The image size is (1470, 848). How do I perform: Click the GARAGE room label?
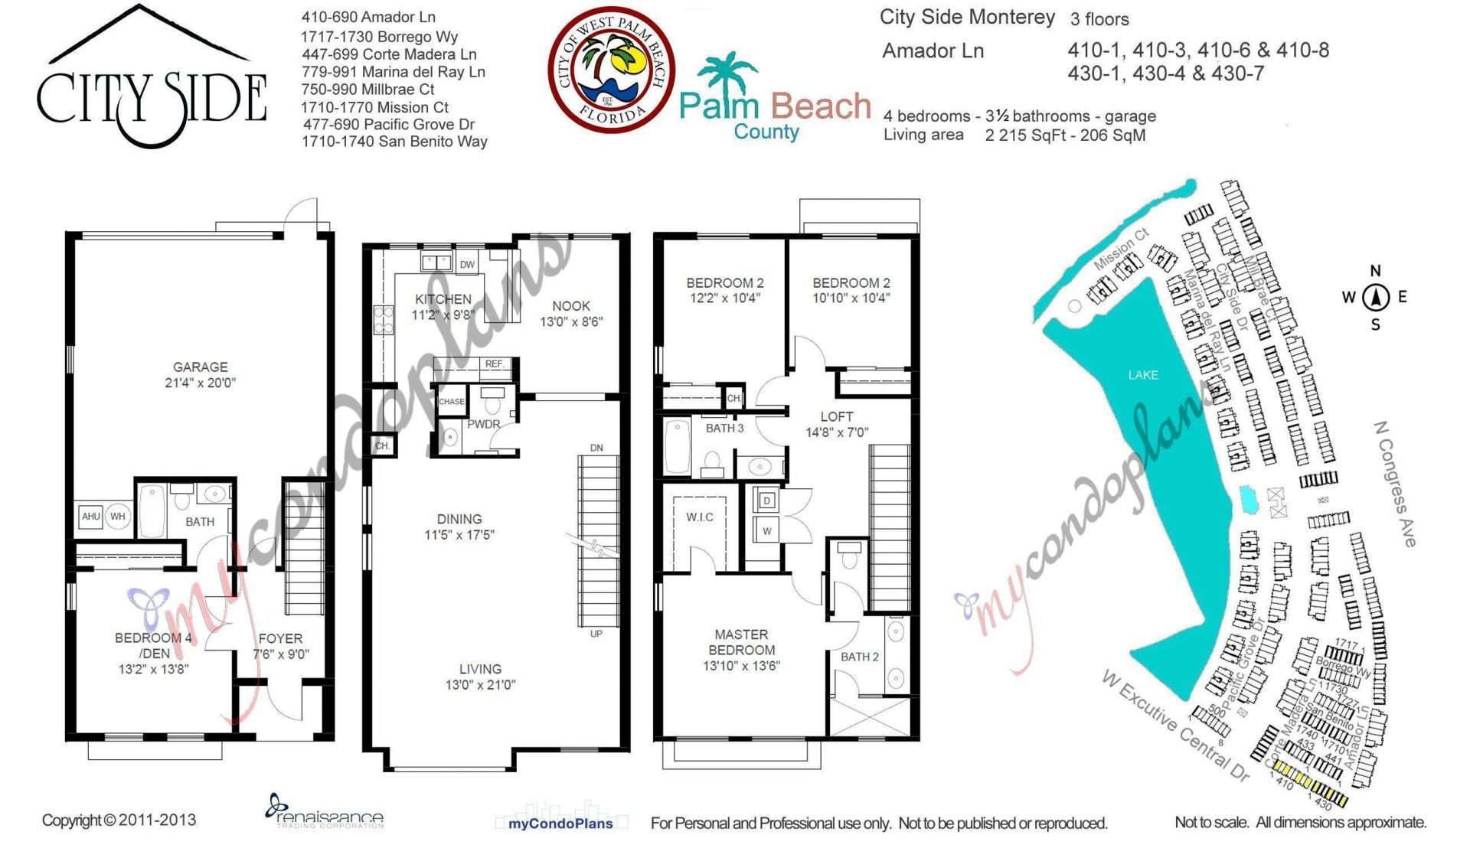click(x=200, y=367)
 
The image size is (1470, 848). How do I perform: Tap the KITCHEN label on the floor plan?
click(x=443, y=299)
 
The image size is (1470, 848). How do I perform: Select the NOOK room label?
click(x=571, y=306)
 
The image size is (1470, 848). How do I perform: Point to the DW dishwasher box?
click(x=467, y=264)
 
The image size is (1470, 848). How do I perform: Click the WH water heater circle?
click(x=117, y=517)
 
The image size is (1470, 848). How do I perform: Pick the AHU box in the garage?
click(x=91, y=517)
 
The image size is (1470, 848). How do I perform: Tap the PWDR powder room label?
click(x=483, y=424)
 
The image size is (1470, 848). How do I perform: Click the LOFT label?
click(x=836, y=417)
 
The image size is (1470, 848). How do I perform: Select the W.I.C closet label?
click(x=699, y=517)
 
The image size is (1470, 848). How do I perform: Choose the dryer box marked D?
click(x=766, y=501)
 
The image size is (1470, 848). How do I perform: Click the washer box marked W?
click(x=766, y=530)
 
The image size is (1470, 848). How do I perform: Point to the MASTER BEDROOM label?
click(x=740, y=642)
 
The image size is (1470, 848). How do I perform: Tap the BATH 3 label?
click(x=724, y=429)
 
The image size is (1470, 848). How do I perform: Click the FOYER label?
click(x=280, y=638)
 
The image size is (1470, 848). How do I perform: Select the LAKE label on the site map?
click(x=1142, y=375)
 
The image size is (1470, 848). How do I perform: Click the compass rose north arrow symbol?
click(x=1376, y=297)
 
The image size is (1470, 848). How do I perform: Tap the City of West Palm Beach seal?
click(x=611, y=70)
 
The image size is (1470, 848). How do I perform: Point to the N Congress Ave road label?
click(x=1394, y=484)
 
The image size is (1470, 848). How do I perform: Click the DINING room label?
click(x=459, y=519)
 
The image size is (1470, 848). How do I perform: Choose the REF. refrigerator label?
click(x=495, y=364)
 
